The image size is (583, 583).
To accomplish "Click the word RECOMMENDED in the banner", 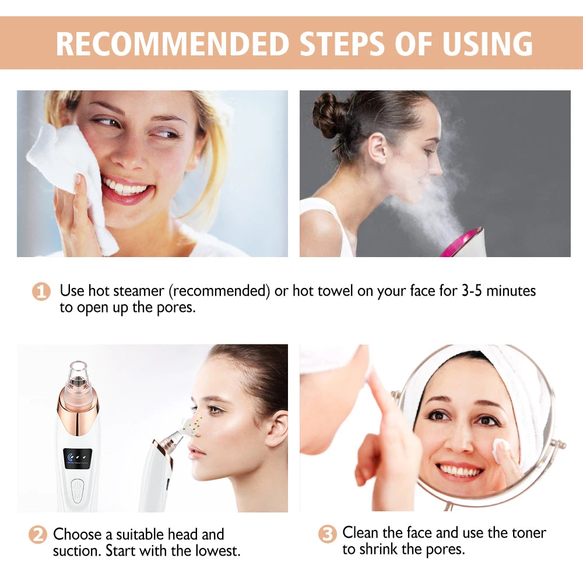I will click(x=173, y=44).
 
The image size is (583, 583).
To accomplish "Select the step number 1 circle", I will click(x=41, y=291).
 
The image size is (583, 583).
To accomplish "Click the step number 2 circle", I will click(x=38, y=535).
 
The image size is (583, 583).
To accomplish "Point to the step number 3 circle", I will click(x=328, y=533).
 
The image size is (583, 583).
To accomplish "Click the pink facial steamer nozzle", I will click(x=461, y=244).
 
